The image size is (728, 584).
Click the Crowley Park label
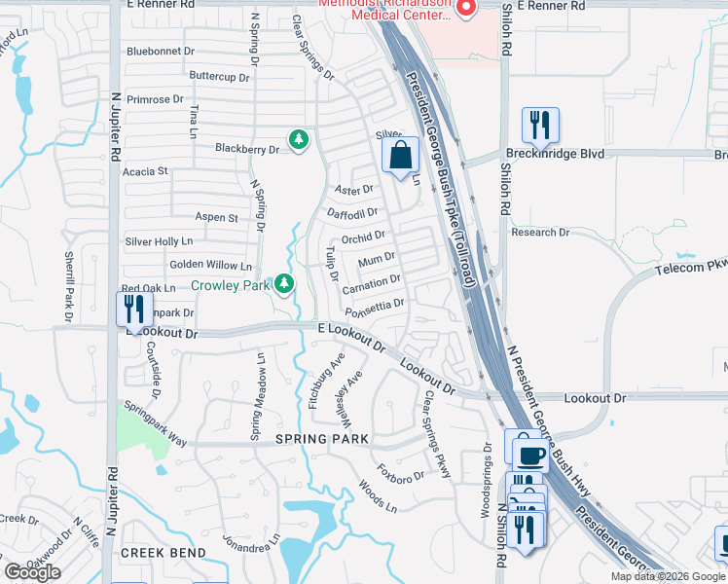pos(229,285)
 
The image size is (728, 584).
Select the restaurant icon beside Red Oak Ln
pos(131,310)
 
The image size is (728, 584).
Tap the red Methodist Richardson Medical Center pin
pos(465,9)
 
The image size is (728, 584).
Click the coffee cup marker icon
pos(529,455)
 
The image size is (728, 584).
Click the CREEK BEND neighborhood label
pos(164,553)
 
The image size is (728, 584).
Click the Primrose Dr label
pos(154,99)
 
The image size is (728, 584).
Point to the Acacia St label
pos(145,171)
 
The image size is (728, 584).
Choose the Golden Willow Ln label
pos(210,265)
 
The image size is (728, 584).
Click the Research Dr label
pos(540,233)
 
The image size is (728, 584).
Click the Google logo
pos(32,571)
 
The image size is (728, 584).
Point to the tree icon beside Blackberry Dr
pos(299,141)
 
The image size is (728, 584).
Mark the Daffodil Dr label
pos(351,212)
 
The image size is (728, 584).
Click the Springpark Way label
pos(155,424)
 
